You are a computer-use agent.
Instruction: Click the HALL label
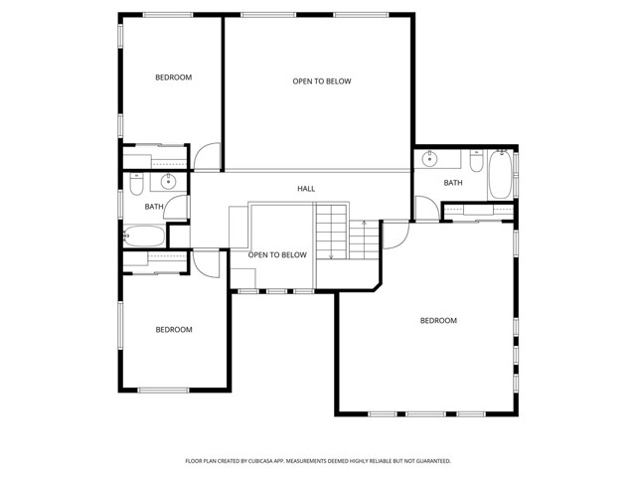point(306,188)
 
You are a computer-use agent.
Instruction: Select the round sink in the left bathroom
point(169,181)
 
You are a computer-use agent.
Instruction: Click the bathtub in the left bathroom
point(144,237)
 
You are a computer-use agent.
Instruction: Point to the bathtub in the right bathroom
point(500,175)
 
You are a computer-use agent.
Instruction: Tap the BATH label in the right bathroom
point(453,183)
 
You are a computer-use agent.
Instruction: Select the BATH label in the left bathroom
point(154,207)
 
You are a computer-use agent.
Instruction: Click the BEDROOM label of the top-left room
point(173,78)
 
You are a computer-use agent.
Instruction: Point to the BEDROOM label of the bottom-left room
point(173,330)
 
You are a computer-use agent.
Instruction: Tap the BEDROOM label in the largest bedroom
point(438,320)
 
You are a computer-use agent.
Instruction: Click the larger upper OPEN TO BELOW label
point(321,81)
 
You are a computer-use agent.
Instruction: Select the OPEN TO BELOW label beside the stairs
point(277,255)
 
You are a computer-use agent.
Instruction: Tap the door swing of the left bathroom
point(179,206)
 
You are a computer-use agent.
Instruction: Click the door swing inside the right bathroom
point(425,209)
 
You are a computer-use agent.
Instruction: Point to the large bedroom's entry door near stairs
point(395,235)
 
